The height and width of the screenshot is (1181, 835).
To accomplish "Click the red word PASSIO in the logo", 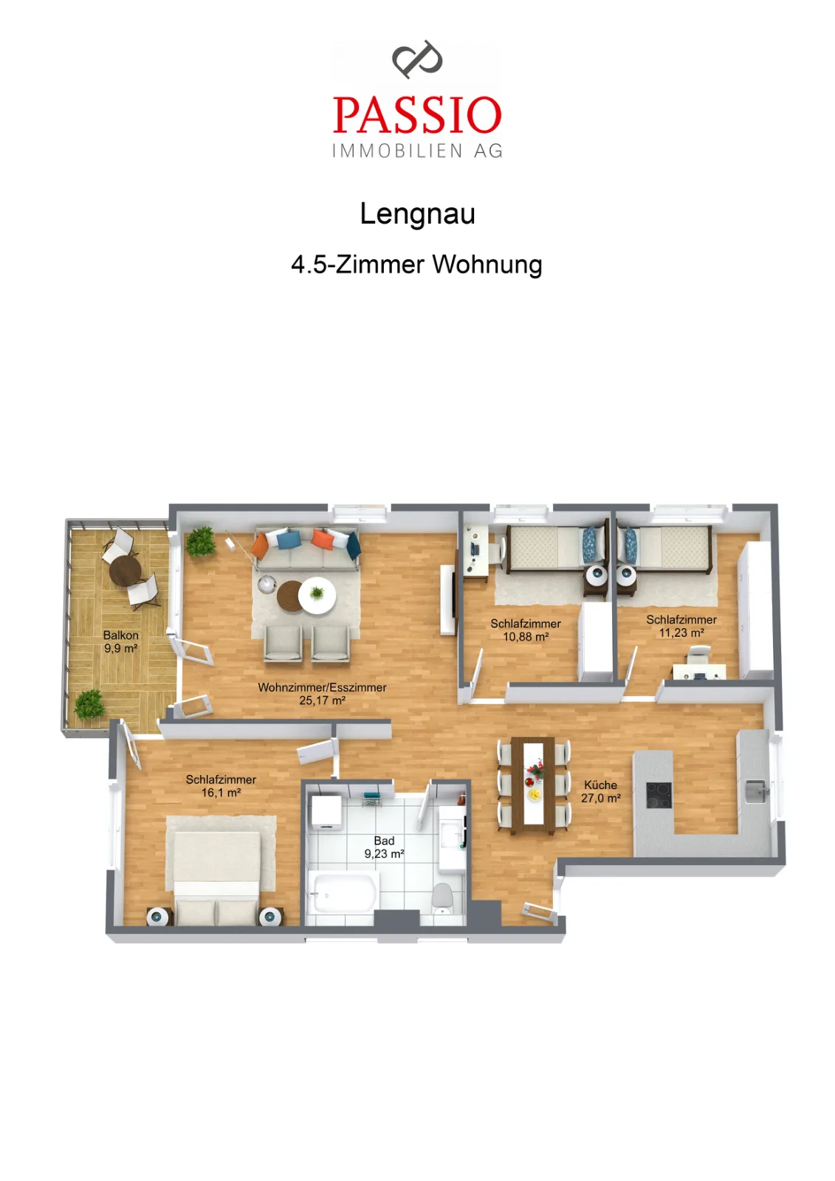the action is point(416,114).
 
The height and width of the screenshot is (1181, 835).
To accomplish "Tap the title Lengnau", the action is point(417,213).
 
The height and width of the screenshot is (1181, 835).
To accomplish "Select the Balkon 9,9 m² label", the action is point(121,641).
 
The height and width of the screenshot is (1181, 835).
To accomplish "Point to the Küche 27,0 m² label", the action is point(600,791).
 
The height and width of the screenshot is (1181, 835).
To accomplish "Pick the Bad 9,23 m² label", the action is point(384,847).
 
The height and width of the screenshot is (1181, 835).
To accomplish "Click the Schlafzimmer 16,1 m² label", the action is point(221,785).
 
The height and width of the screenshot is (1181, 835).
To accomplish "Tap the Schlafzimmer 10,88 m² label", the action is point(526,630).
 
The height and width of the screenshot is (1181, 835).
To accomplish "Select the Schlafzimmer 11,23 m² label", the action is point(681,627).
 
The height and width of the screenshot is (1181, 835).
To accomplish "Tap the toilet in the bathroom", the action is point(442,900).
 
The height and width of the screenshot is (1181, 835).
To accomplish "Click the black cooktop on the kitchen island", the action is point(659,796).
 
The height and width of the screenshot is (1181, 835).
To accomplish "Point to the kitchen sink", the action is point(755,791).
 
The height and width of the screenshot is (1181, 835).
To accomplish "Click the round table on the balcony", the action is point(125,571).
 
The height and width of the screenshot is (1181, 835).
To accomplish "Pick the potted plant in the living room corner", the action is point(200,542).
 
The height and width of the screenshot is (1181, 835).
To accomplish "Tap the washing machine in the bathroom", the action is point(326,813).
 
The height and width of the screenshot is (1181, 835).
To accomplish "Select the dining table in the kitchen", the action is point(533,785).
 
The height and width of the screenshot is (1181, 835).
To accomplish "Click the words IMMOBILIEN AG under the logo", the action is point(417,151).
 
